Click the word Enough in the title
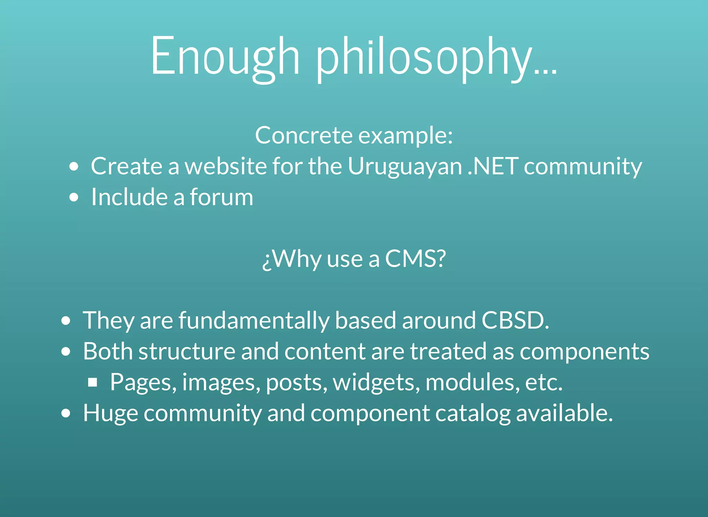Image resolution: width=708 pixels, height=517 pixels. (225, 57)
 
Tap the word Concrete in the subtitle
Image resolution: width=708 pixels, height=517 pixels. (303, 135)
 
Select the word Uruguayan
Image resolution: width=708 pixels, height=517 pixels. (404, 167)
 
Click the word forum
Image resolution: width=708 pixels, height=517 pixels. (221, 197)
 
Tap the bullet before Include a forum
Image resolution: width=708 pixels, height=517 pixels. (74, 197)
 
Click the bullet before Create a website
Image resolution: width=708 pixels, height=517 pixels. (74, 167)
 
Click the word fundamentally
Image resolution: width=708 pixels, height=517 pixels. (254, 321)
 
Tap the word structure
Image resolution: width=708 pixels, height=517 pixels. (187, 351)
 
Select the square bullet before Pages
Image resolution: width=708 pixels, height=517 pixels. (92, 382)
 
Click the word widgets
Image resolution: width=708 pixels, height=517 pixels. (376, 382)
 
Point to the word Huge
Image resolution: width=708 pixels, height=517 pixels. (110, 414)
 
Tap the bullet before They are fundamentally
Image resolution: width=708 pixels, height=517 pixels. (66, 321)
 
